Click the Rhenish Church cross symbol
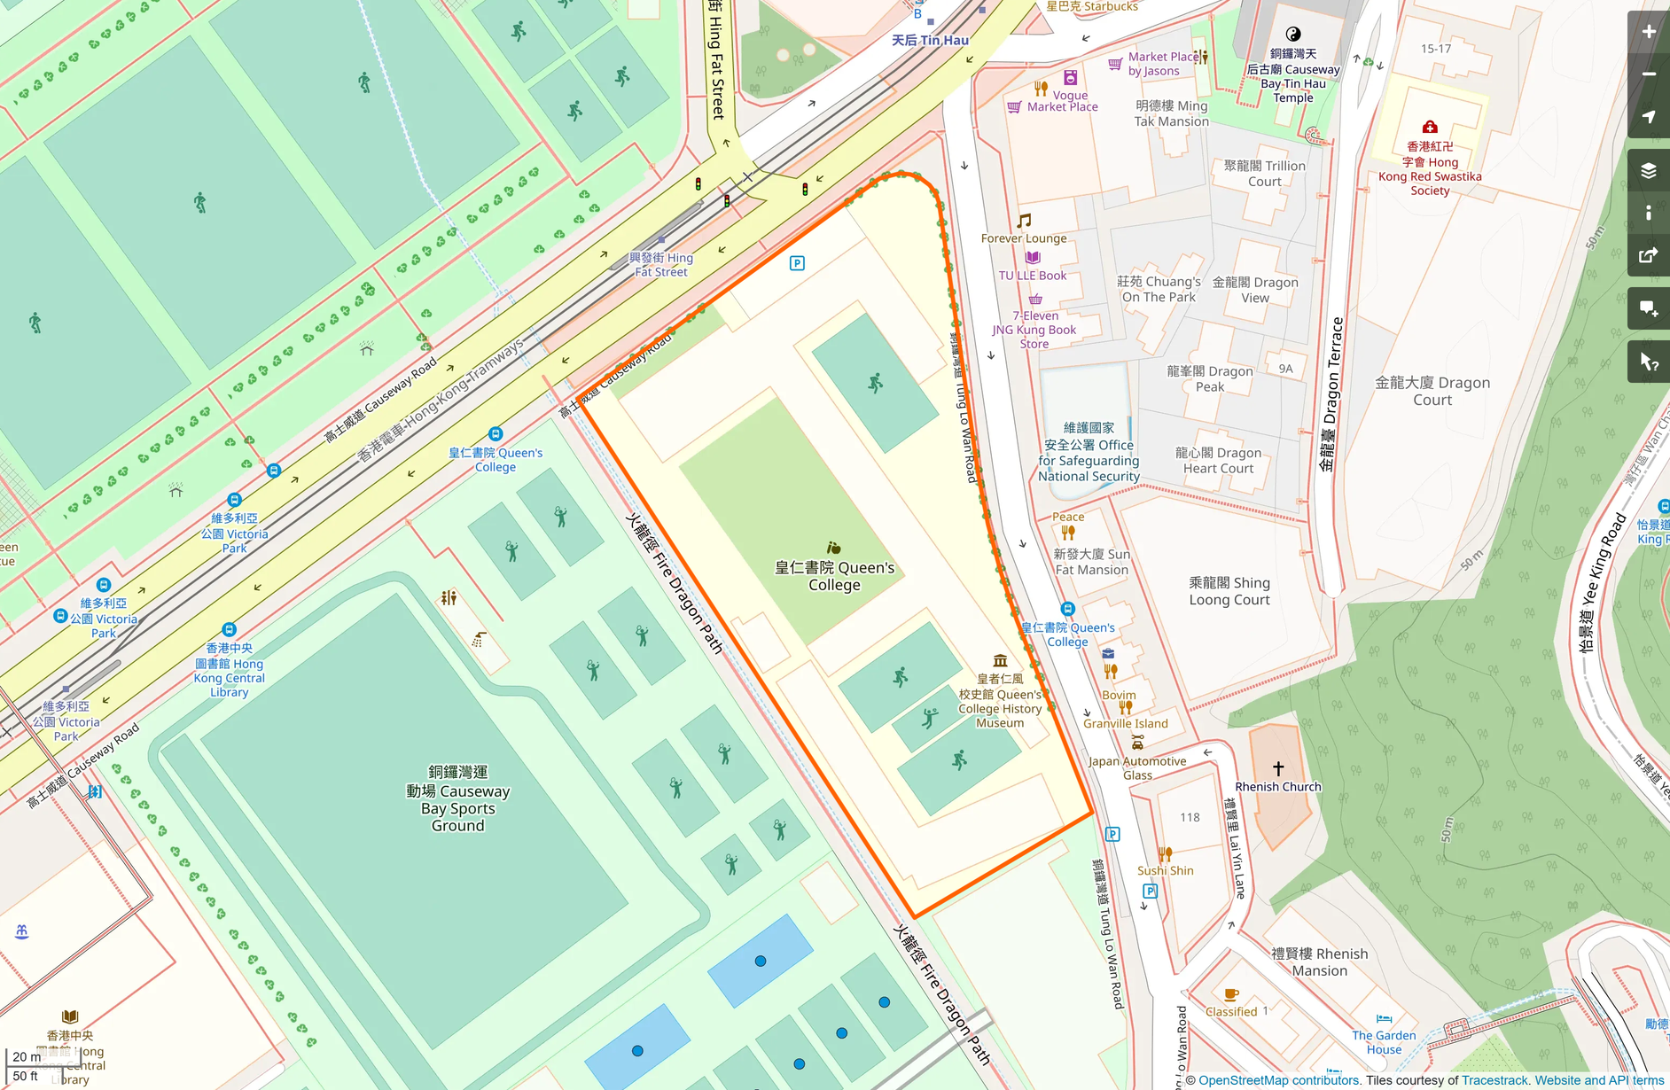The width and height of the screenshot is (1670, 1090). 1278,768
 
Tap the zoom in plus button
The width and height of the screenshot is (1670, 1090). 1648,32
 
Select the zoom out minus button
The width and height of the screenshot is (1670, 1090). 1648,74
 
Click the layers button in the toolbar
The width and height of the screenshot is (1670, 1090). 1648,170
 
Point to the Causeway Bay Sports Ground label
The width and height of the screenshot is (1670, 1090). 457,798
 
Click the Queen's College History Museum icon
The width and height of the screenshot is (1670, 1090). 1000,660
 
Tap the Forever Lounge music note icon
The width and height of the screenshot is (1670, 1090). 1024,221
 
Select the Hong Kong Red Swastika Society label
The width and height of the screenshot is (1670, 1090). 1430,168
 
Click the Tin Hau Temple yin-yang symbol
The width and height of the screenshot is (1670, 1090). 1293,35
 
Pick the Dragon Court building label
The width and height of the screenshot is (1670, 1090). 1432,391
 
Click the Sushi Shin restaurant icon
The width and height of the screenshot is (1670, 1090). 1165,854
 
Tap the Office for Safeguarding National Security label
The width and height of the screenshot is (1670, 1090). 1089,452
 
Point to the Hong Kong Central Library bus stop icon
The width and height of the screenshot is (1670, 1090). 229,630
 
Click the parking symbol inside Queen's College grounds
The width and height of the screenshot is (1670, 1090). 797,263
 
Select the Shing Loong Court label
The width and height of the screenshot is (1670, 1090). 1229,591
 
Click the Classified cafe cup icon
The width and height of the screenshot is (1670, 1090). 1230,994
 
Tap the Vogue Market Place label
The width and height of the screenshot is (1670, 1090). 1062,101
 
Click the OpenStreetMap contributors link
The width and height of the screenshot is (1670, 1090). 1278,1080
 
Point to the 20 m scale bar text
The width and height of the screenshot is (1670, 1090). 27,1056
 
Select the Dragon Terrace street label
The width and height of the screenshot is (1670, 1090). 1331,394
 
